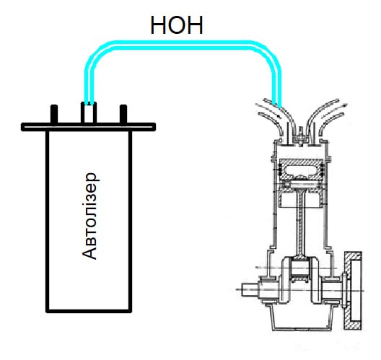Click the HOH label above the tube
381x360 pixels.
(x=177, y=25)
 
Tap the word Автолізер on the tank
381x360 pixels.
(x=89, y=216)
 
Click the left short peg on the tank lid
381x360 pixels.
(x=54, y=114)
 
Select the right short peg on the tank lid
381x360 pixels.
(x=123, y=114)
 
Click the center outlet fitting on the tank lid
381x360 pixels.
(x=89, y=113)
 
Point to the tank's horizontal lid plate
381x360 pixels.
(x=89, y=127)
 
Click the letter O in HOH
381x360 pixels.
(x=177, y=25)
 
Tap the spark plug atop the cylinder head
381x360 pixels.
(x=301, y=136)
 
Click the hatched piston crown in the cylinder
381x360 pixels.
(x=301, y=170)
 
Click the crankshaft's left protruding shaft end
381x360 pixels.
(x=250, y=289)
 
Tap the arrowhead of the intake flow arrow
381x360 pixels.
(x=279, y=116)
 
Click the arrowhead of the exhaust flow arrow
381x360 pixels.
(x=344, y=105)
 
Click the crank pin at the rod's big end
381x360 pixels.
(x=301, y=270)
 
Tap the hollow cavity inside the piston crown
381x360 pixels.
(x=301, y=170)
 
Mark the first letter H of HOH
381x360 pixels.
(x=159, y=25)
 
